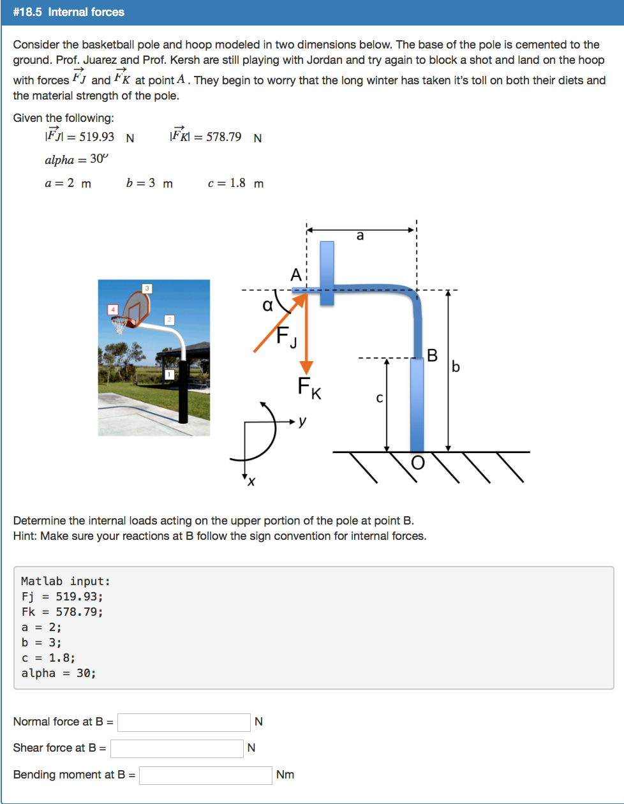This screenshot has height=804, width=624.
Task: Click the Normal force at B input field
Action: pos(184,722)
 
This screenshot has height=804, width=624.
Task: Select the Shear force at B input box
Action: pos(177,748)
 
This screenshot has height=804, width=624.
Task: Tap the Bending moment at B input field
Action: pos(205,775)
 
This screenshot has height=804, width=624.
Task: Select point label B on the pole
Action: pos(433,355)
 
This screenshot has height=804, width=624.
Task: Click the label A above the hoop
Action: pos(295,275)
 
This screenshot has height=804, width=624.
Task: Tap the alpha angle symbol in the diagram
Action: pos(268,305)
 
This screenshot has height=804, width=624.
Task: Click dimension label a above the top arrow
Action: pos(360,236)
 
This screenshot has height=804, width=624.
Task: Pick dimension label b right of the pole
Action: pos(456,367)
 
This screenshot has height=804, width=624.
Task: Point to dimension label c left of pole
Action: pos(379,399)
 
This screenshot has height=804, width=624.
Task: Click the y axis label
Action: pos(303,421)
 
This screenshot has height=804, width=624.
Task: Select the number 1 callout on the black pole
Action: pos(170,374)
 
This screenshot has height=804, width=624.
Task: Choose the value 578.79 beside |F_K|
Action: pos(219,137)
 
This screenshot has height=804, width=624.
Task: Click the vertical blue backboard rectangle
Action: pos(327,272)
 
